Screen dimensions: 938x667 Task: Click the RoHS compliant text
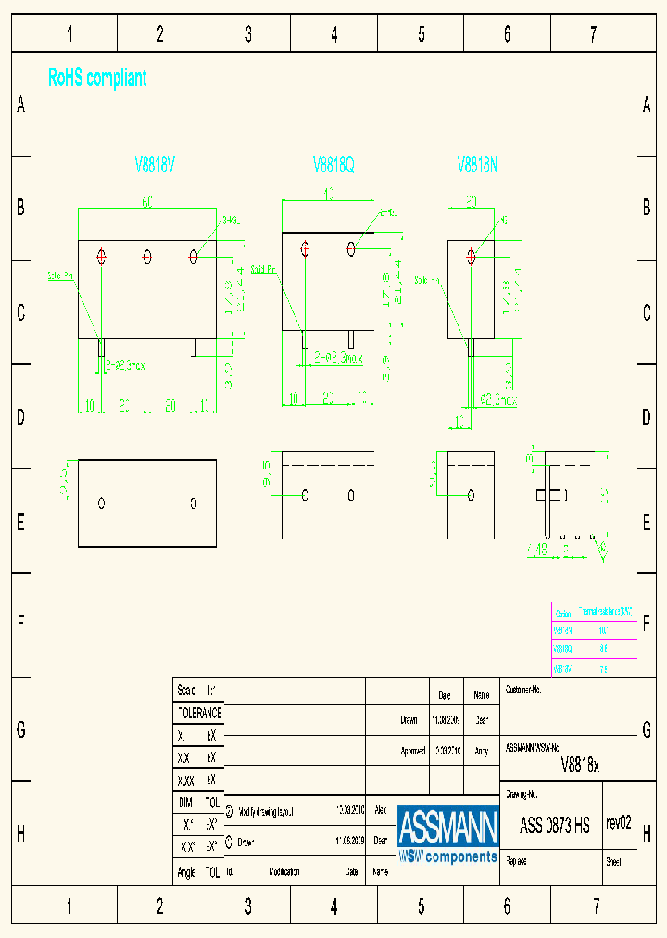coord(97,79)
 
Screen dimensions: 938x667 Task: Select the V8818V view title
coord(155,165)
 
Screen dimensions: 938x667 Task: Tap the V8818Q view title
coord(333,165)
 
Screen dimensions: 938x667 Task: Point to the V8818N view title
coord(478,165)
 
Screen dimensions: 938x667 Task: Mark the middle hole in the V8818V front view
coord(147,256)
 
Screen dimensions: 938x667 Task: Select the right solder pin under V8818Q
coord(351,338)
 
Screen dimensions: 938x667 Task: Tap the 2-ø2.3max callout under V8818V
coord(125,365)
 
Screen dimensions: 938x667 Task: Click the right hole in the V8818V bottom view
coord(194,503)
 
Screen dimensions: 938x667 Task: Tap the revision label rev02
coord(619,823)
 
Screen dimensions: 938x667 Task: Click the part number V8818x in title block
coord(581,765)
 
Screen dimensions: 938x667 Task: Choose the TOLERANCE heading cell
coord(199,713)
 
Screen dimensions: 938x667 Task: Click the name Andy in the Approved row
coord(481,751)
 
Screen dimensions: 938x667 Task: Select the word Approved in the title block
coord(413,751)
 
